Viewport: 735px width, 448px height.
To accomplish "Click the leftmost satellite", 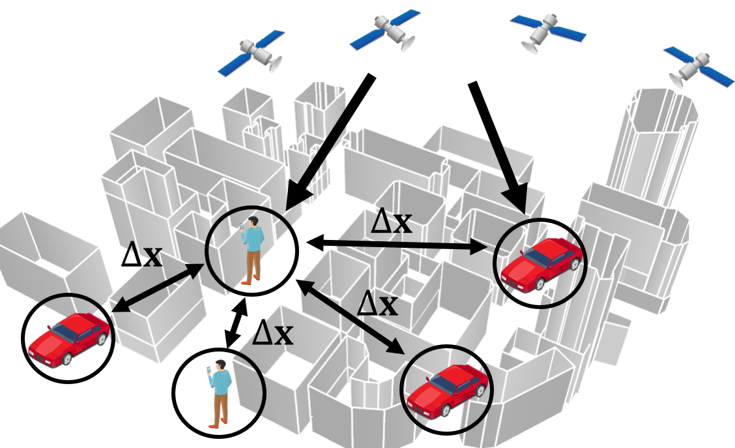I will pos(252,52).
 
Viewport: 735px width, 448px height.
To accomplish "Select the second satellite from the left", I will pos(386,30).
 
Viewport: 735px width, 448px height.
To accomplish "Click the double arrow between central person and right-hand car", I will pos(397,245).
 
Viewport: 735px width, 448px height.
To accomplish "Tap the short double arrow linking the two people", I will pos(235,324).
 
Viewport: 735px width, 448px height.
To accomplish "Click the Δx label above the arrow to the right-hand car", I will pos(391,222).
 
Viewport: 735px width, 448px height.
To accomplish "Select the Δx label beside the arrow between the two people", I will pos(272,333).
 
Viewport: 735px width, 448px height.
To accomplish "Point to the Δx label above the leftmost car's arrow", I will pos(142,256).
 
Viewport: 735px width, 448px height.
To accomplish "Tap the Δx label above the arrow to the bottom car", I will pos(378,303).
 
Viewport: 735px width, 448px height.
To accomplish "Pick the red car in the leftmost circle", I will pos(68,338).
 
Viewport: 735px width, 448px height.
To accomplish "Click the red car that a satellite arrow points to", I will pos(541,263).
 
